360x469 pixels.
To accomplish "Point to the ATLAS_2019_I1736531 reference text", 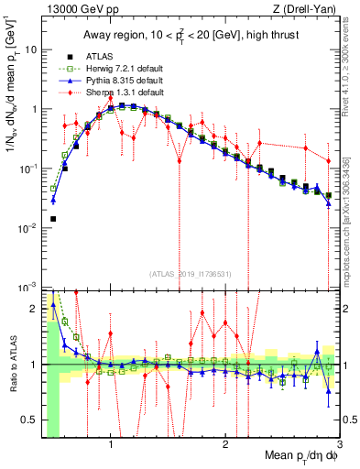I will (x=191, y=274).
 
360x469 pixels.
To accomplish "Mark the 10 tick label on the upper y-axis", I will (x=30, y=49).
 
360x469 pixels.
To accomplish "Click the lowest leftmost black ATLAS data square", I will (x=53, y=219).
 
